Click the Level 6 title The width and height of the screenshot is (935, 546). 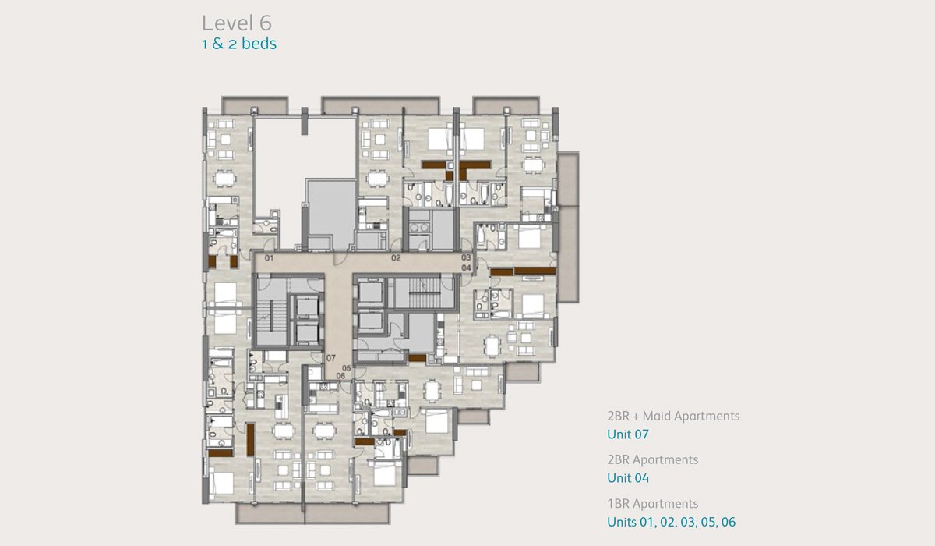237,23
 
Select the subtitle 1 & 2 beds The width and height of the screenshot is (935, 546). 239,44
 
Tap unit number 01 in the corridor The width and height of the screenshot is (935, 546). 270,258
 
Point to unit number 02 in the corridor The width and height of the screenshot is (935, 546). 396,258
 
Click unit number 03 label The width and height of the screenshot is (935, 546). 466,257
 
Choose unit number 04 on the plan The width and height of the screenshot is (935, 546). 466,268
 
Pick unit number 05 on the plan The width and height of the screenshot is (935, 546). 347,368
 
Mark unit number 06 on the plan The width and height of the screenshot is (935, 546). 340,376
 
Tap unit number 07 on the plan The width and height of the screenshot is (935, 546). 330,358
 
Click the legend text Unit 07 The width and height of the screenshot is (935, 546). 628,434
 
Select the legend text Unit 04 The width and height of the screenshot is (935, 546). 628,478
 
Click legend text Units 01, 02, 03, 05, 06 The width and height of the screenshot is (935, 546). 671,522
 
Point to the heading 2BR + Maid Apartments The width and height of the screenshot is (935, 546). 673,416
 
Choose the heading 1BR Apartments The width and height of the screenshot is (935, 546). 652,504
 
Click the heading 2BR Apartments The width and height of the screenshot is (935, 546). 652,460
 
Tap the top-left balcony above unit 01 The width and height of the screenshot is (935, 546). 255,106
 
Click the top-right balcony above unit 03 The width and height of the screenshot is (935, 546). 506,106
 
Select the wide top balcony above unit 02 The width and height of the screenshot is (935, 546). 380,106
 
